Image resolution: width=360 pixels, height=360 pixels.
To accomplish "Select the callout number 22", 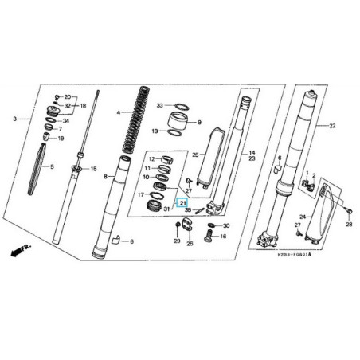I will pos(333,126).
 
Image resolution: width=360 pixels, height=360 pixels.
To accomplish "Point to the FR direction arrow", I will pos(18,252).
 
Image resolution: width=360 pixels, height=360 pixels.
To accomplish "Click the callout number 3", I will pos(15,119).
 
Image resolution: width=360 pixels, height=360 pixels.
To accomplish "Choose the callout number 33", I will pos(159,106).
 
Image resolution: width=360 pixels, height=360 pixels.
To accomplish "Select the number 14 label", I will pos(252,153).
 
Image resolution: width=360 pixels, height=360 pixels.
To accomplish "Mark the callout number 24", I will pos(302,217).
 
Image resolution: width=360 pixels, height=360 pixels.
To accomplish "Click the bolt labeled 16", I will pos(210,237).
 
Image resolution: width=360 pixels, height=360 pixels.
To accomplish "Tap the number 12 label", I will pos(151,159).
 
